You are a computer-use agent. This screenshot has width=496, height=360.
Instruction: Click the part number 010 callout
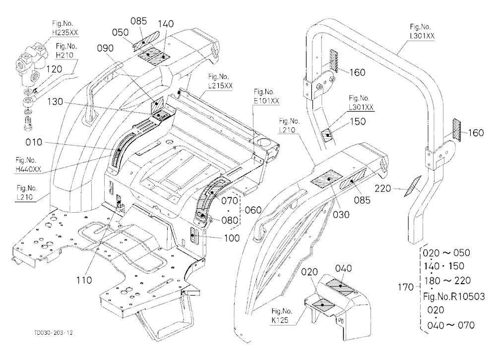click(x=34, y=142)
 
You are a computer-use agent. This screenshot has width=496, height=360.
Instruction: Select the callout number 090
click(x=105, y=48)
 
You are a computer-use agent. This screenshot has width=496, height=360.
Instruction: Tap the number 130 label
click(x=56, y=102)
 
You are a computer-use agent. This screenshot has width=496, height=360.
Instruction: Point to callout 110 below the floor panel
click(x=84, y=280)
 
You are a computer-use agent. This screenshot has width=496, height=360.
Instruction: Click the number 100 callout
click(x=232, y=238)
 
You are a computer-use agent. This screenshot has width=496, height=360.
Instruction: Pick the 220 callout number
click(x=383, y=188)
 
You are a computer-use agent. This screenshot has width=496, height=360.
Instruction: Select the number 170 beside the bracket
click(x=406, y=287)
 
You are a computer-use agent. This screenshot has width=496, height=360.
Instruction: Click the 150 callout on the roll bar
click(x=358, y=121)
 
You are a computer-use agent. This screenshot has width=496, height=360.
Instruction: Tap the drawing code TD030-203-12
click(x=54, y=332)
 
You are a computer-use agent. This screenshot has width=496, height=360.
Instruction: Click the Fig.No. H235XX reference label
click(x=64, y=28)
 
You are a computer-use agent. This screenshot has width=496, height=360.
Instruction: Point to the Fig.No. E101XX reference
click(x=266, y=96)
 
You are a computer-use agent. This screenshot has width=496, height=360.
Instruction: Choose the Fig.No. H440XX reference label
click(x=28, y=165)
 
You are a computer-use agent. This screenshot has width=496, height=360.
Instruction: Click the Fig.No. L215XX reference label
click(x=220, y=81)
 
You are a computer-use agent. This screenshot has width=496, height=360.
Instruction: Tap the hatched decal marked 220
click(x=413, y=186)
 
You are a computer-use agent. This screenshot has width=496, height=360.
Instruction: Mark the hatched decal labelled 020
click(x=323, y=304)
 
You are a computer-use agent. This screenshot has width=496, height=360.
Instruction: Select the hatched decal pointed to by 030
click(x=327, y=179)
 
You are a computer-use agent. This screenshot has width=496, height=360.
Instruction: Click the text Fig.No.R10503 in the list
click(x=454, y=297)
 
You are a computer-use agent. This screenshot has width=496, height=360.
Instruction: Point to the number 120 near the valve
click(x=54, y=69)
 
